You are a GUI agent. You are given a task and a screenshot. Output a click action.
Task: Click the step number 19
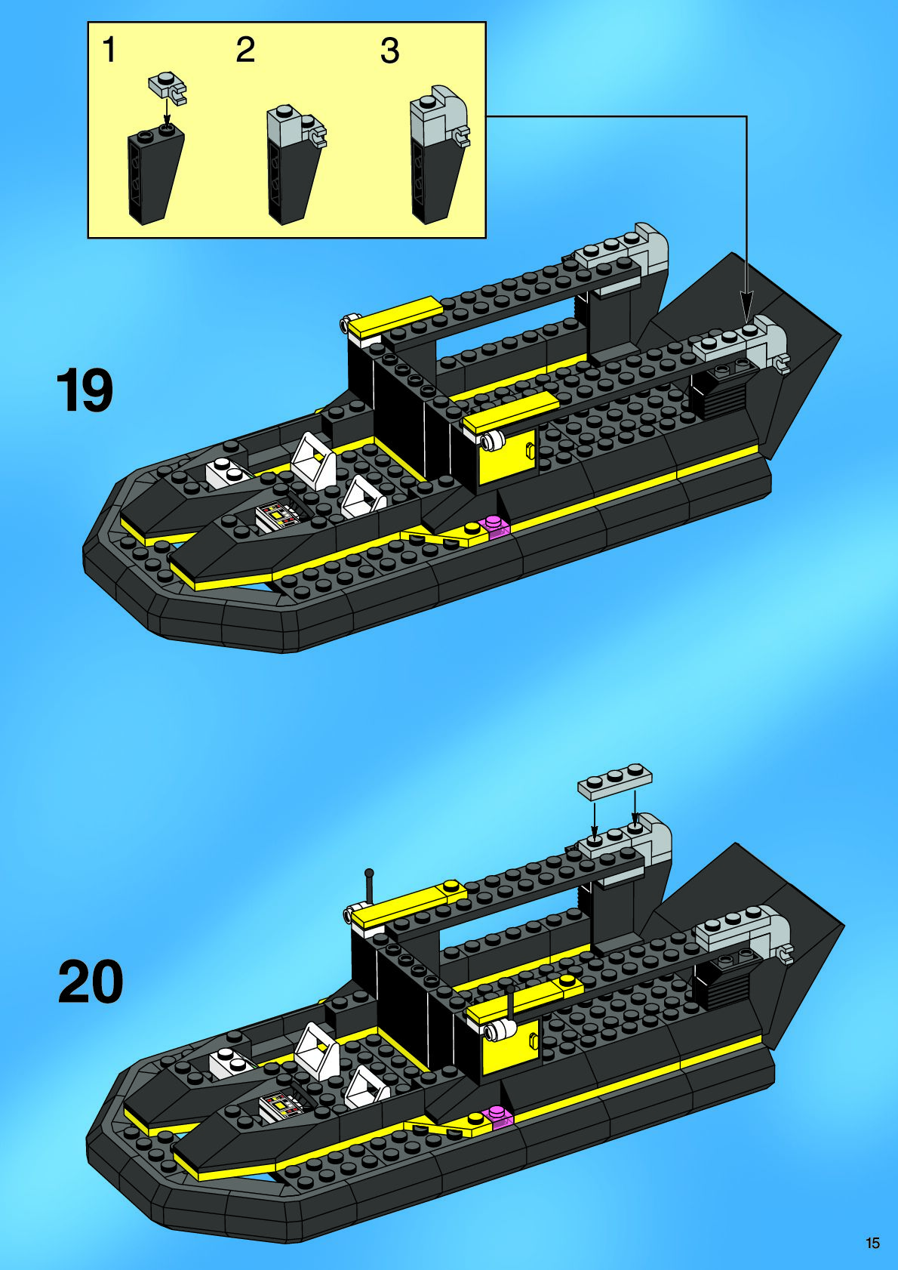click(x=85, y=390)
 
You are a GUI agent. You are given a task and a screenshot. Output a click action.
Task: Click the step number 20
click(x=91, y=982)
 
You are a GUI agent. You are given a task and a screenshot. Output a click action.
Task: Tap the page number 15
click(x=872, y=1243)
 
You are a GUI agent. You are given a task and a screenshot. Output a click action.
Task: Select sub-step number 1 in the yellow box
click(x=109, y=50)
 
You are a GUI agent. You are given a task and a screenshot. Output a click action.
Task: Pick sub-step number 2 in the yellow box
click(x=245, y=50)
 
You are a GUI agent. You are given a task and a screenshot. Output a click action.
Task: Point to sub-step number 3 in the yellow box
click(x=389, y=51)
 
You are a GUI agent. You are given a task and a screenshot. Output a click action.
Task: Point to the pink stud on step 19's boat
click(x=495, y=526)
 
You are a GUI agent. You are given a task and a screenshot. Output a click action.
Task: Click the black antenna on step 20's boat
click(x=370, y=887)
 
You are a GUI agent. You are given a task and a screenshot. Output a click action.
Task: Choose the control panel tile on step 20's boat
click(x=281, y=1106)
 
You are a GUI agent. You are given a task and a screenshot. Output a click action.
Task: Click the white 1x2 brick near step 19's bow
click(x=226, y=472)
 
